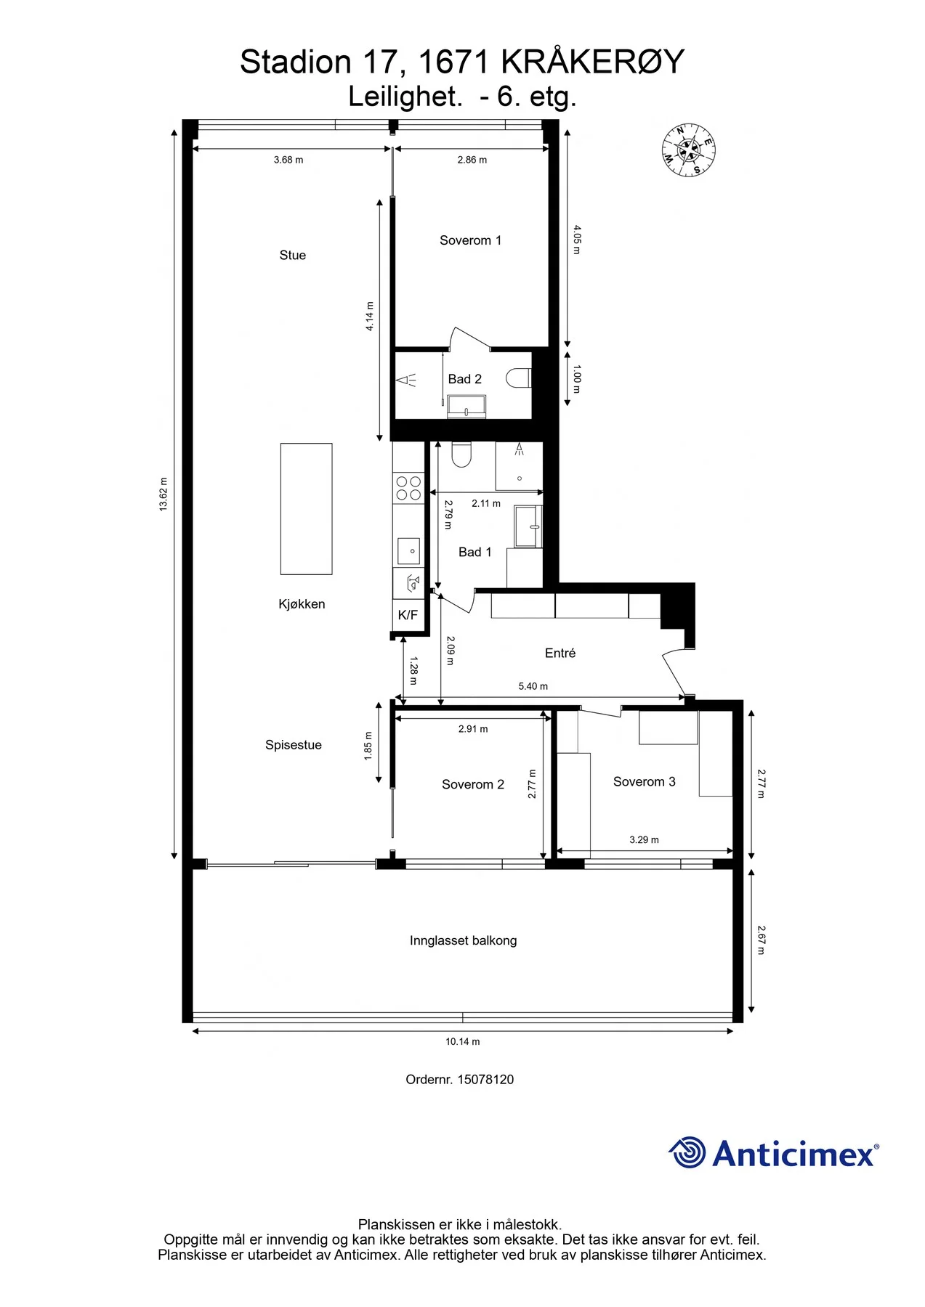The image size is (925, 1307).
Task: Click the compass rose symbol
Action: point(688,150)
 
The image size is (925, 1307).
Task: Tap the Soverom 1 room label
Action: point(470,240)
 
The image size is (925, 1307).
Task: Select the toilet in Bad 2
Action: point(519,378)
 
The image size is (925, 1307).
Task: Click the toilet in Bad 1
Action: point(461,455)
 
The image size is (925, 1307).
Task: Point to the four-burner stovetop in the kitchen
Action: point(408,488)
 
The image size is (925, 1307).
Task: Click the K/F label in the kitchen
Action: point(408,615)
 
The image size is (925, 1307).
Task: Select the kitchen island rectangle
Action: point(307,509)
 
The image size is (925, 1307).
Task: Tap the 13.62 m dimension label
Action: point(163,494)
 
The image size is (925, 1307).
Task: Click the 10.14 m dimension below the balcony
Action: point(462,1041)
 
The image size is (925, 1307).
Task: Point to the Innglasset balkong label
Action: point(463,940)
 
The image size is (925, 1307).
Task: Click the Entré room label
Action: point(560,653)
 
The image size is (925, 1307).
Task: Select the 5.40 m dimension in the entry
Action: point(533,686)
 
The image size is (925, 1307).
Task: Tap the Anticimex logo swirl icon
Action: point(687,1152)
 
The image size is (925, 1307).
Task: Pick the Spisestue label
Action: point(293,745)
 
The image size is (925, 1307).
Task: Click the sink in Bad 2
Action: point(466,407)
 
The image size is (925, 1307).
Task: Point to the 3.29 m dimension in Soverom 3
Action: point(644,840)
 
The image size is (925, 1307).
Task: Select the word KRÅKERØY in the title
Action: point(593,62)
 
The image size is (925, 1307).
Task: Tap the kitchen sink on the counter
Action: point(408,551)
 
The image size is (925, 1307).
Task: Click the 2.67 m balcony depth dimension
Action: point(761,940)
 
